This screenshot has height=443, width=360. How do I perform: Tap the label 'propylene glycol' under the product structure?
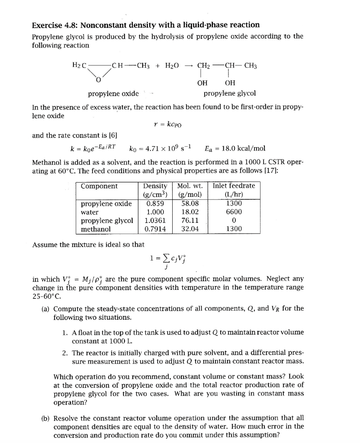click(229, 93)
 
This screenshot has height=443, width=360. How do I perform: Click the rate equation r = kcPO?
click(168, 125)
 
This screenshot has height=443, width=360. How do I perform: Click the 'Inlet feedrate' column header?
click(234, 186)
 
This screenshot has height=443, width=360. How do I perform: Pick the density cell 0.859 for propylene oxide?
click(154, 203)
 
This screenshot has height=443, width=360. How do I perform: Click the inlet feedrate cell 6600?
click(234, 212)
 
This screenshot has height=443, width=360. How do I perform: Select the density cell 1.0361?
click(154, 220)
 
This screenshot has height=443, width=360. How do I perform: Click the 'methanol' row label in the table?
click(96, 229)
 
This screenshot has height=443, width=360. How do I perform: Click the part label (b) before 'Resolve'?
click(45, 417)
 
